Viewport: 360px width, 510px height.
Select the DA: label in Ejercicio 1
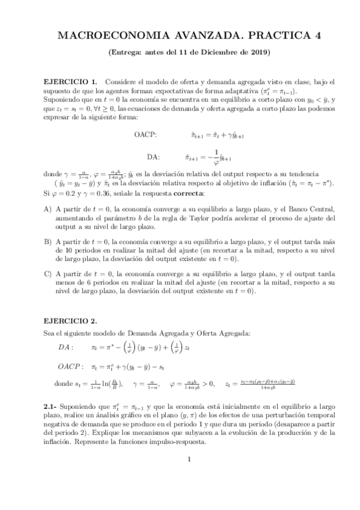click(x=153, y=157)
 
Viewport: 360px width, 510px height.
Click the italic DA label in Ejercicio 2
click(x=65, y=347)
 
